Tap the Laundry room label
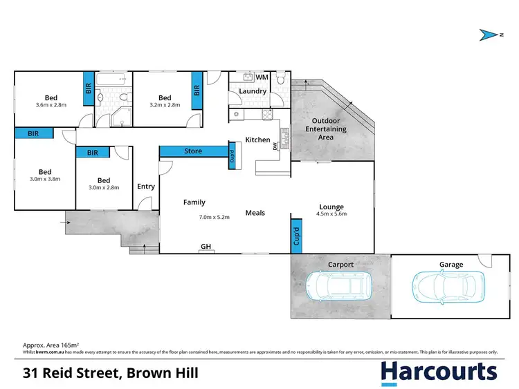pos(253,91)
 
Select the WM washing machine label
pos(262,77)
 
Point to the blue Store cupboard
pos(193,151)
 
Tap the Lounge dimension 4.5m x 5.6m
pos(331,214)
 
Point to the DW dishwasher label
pos(275,147)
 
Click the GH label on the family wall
pos(206,247)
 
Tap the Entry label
pos(146,187)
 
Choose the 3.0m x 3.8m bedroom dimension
pos(45,178)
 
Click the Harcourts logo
pos(439,372)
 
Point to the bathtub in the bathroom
pos(109,81)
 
